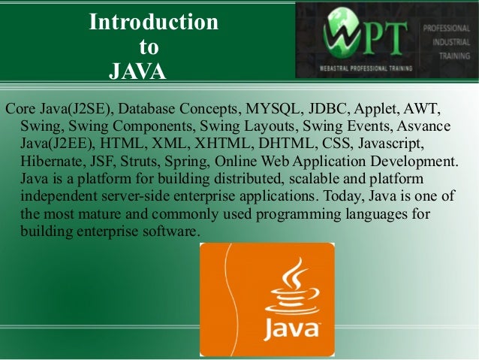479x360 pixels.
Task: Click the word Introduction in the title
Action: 154,23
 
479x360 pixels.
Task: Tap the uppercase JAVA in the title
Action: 137,71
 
